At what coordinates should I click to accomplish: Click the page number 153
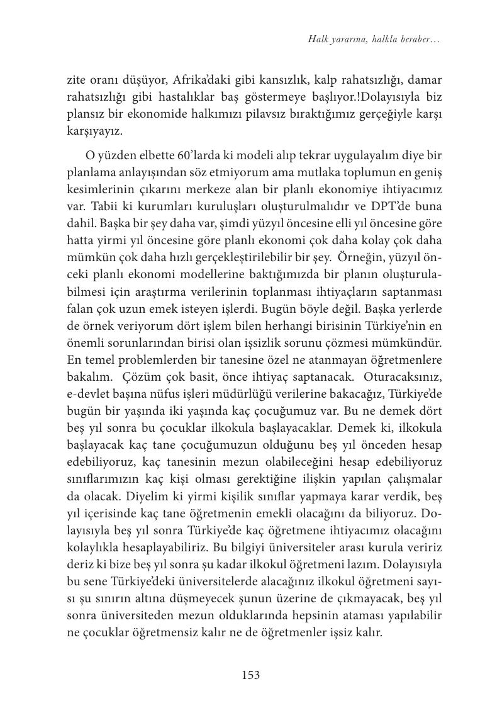(250, 675)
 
